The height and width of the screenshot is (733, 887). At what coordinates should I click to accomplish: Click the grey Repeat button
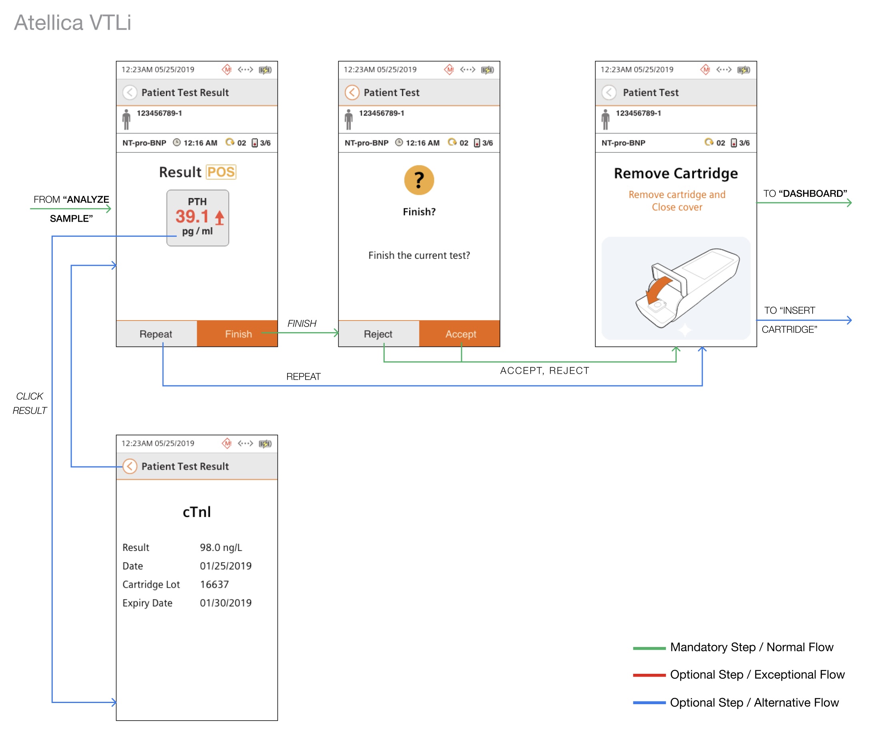click(156, 334)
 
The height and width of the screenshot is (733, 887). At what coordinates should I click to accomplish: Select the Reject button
click(378, 334)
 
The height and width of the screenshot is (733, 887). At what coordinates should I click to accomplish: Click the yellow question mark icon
click(419, 180)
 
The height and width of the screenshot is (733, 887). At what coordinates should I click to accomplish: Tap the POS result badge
click(221, 172)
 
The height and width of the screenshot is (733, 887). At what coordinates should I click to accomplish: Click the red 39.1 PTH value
click(192, 216)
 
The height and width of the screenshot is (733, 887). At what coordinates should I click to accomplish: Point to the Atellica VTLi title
click(72, 22)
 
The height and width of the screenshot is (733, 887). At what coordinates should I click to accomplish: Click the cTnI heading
click(197, 512)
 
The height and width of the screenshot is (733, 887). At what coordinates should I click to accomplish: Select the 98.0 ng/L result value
click(221, 547)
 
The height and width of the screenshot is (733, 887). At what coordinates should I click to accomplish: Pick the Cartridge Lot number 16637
click(214, 585)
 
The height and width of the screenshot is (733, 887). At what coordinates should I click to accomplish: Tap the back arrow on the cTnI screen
click(130, 466)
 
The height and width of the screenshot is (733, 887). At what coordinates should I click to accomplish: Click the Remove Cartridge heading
click(675, 173)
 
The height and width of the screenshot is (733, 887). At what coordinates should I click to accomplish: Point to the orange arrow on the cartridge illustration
click(659, 290)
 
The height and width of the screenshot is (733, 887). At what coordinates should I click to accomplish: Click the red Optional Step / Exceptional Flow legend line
click(649, 675)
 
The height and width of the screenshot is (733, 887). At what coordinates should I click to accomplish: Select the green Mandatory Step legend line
click(649, 648)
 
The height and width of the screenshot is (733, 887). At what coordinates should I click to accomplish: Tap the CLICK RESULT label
click(30, 403)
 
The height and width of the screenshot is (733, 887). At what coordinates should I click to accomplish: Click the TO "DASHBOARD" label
click(805, 193)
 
